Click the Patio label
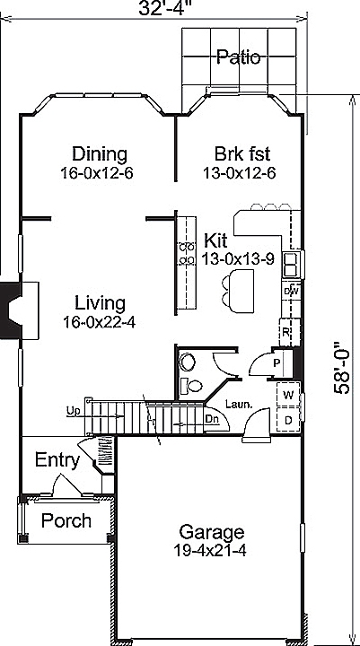[238, 57]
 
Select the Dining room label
[99, 153]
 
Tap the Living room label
[100, 302]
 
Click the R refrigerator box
[286, 331]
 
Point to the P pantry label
[277, 363]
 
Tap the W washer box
[289, 395]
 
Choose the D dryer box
[289, 419]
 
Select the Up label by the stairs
[73, 411]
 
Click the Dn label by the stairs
[212, 418]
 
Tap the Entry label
[57, 460]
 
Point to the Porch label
[66, 520]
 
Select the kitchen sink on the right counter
[291, 264]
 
